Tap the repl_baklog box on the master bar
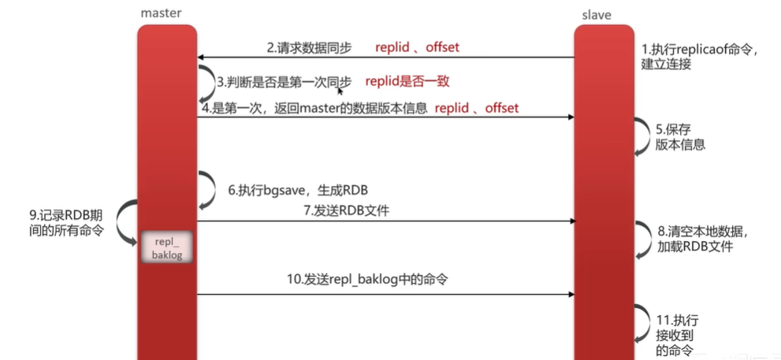[166, 246]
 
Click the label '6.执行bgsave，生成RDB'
[299, 190]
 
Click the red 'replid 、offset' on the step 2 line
[417, 47]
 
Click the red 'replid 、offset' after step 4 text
[477, 108]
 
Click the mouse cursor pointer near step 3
[340, 91]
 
